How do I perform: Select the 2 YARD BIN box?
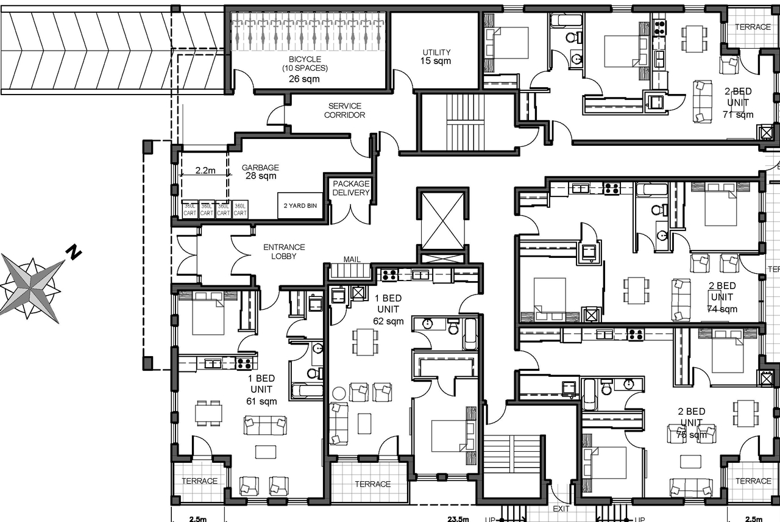click(x=300, y=206)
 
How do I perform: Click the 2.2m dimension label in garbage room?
click(x=205, y=171)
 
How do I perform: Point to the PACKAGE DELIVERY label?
click(x=351, y=188)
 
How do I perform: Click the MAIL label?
click(x=352, y=259)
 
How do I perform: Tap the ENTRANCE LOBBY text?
click(x=284, y=251)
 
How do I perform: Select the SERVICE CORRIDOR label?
click(x=345, y=110)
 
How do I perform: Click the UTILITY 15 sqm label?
click(x=436, y=57)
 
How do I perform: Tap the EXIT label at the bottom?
click(x=561, y=508)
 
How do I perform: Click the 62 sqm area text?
click(x=388, y=321)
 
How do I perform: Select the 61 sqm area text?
click(x=261, y=401)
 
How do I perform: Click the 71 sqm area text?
click(x=738, y=114)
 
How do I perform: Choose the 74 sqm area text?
click(x=722, y=309)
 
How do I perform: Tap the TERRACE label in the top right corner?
click(x=753, y=27)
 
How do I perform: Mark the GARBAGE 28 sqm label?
click(x=260, y=171)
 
